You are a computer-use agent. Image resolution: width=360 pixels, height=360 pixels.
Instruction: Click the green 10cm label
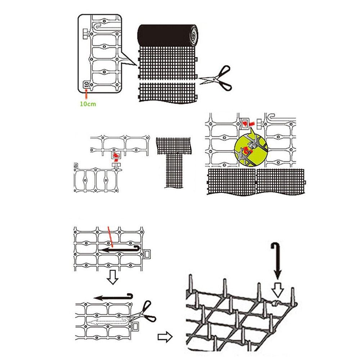[x=88, y=104]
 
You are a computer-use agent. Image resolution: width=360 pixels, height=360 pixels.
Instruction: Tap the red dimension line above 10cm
[x=86, y=94]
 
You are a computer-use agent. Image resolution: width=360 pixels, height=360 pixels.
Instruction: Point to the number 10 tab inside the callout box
[x=86, y=85]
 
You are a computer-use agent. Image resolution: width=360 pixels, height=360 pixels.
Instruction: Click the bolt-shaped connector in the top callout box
[x=85, y=33]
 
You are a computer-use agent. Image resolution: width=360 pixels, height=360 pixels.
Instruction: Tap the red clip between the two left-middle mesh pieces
[x=116, y=156]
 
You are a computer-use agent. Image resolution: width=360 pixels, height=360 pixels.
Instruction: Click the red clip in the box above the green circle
[x=246, y=123]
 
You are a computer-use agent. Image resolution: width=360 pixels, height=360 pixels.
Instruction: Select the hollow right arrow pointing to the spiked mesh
[x=165, y=337]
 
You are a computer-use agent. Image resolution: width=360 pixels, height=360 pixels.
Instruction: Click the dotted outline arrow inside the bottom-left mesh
[x=108, y=320]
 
